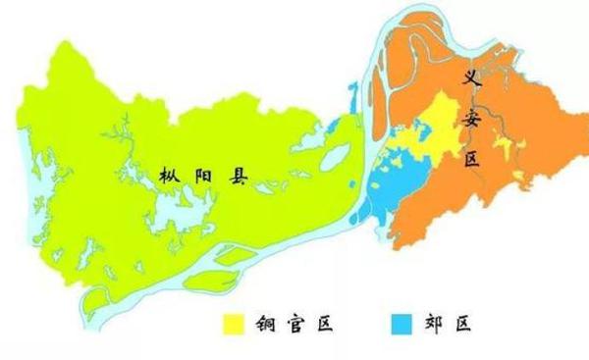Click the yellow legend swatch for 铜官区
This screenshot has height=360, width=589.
(x=233, y=321)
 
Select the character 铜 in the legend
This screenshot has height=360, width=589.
(x=264, y=322)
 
